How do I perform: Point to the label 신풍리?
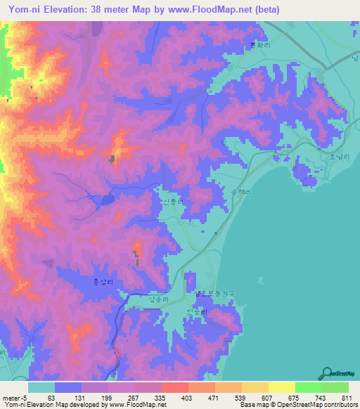pyautogui.click(x=173, y=202)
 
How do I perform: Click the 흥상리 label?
pyautogui.click(x=103, y=280)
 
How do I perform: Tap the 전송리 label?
pyautogui.click(x=196, y=310)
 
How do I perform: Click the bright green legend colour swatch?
pyautogui.click(x=308, y=387)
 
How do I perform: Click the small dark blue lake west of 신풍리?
pyautogui.click(x=106, y=200)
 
